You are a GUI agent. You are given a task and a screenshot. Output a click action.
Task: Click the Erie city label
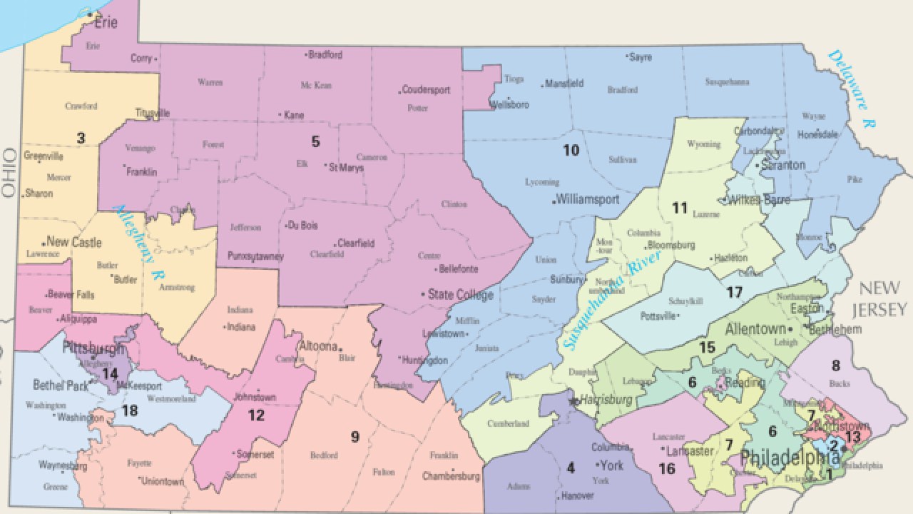(x=105, y=22)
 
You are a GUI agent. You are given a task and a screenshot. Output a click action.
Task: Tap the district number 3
(x=81, y=137)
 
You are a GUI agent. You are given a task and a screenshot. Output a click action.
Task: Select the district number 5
(x=315, y=141)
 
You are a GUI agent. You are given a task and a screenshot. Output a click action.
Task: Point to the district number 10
(x=571, y=150)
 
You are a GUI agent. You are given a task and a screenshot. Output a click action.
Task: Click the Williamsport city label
(x=588, y=199)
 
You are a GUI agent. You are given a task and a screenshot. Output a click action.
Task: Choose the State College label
(x=460, y=294)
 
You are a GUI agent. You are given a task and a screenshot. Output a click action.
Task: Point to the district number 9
(x=354, y=437)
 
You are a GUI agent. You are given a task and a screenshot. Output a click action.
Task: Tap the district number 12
(x=256, y=415)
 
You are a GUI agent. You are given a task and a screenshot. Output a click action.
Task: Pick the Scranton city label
(x=782, y=165)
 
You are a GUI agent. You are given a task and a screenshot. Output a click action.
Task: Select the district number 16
(x=666, y=468)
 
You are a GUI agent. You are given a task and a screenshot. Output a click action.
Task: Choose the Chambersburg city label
(x=452, y=475)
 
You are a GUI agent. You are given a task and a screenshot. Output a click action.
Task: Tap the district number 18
(x=129, y=410)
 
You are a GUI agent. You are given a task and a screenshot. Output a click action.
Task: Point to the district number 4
(x=570, y=468)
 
